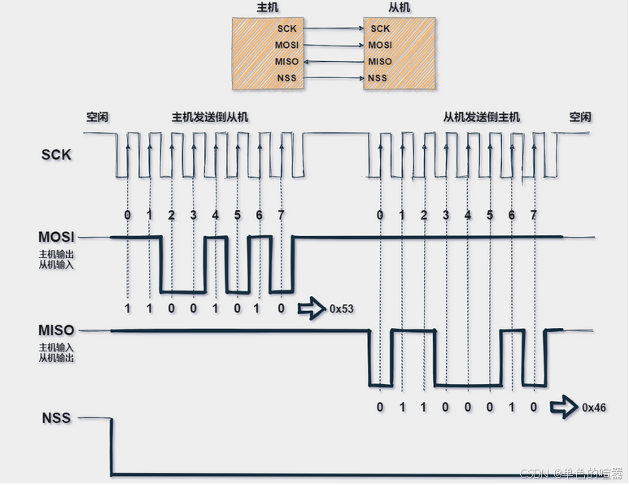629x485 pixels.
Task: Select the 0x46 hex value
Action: (595, 406)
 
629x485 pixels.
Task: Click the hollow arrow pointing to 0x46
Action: (561, 406)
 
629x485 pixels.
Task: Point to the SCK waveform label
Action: (56, 154)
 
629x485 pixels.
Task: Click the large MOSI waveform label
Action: (56, 237)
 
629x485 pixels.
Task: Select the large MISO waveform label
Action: (56, 330)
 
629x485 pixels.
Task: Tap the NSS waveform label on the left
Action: (56, 419)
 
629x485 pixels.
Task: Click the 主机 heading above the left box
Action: (267, 7)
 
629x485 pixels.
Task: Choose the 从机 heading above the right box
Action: (399, 7)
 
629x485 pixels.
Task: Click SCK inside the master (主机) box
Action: (286, 28)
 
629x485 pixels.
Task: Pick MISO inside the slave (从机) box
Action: (379, 61)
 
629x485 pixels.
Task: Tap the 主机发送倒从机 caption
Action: (210, 117)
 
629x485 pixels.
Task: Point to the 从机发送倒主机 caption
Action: (482, 117)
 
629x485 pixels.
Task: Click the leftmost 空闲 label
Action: (98, 117)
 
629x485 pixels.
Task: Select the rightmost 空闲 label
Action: (580, 117)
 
